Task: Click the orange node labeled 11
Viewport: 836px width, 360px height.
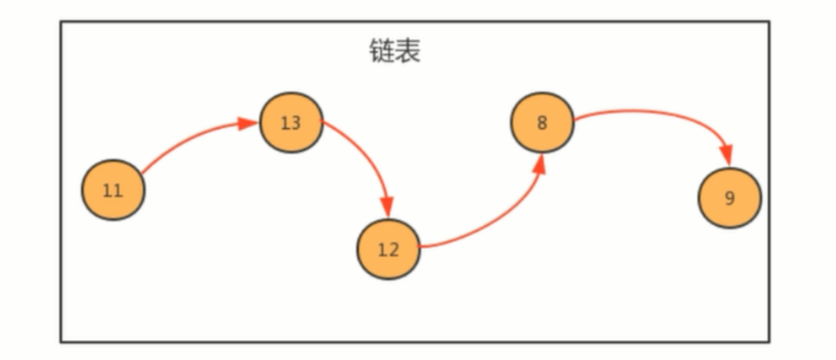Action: pyautogui.click(x=112, y=190)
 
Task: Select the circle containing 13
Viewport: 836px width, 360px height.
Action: pyautogui.click(x=291, y=122)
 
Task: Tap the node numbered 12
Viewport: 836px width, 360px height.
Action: pyautogui.click(x=389, y=249)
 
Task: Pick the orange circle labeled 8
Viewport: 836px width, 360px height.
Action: pyautogui.click(x=542, y=122)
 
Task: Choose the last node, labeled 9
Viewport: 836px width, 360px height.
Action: pyautogui.click(x=730, y=197)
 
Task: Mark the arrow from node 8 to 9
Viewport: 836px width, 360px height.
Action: pyautogui.click(x=657, y=114)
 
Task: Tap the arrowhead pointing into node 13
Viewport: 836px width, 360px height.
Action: pyautogui.click(x=251, y=123)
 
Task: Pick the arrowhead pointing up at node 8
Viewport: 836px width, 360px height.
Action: pyautogui.click(x=540, y=163)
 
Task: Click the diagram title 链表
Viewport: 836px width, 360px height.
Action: pyautogui.click(x=394, y=52)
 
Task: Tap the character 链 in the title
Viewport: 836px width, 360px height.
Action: pyautogui.click(x=382, y=52)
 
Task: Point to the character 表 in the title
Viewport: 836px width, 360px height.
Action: pyautogui.click(x=408, y=52)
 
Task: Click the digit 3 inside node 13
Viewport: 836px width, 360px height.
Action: pyautogui.click(x=295, y=122)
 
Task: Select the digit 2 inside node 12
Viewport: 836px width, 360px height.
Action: pyautogui.click(x=393, y=249)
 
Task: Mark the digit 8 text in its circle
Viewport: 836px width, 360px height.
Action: pyautogui.click(x=542, y=122)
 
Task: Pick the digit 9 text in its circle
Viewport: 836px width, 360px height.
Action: pyautogui.click(x=730, y=197)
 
